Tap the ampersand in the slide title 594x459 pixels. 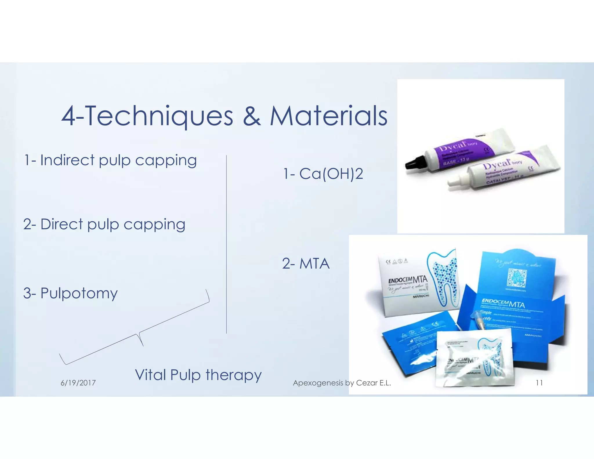251,116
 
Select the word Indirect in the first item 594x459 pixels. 67,160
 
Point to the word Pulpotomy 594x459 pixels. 79,293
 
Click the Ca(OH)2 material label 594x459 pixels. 331,174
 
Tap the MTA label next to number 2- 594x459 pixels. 314,264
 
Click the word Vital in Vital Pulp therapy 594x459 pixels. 151,375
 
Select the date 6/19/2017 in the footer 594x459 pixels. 78,383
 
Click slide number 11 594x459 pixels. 539,383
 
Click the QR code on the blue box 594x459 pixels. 517,277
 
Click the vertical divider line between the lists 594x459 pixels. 226,244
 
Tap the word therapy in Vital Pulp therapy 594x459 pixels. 233,375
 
